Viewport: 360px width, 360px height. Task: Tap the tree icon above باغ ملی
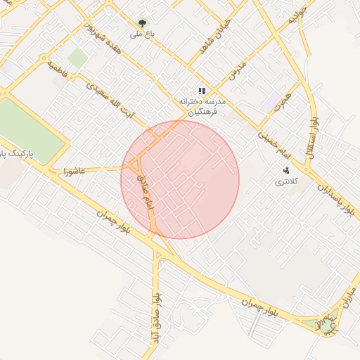pos(143,23)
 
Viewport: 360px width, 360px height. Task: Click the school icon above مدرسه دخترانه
pos(202,91)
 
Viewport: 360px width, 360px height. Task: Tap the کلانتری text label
pos(285,182)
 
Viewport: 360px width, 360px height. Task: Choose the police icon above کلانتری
pos(286,170)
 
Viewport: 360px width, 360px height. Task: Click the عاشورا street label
pos(75,171)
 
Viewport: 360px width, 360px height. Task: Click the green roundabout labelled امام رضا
pos(327,325)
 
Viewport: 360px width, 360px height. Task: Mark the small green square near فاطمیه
pos(78,58)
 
